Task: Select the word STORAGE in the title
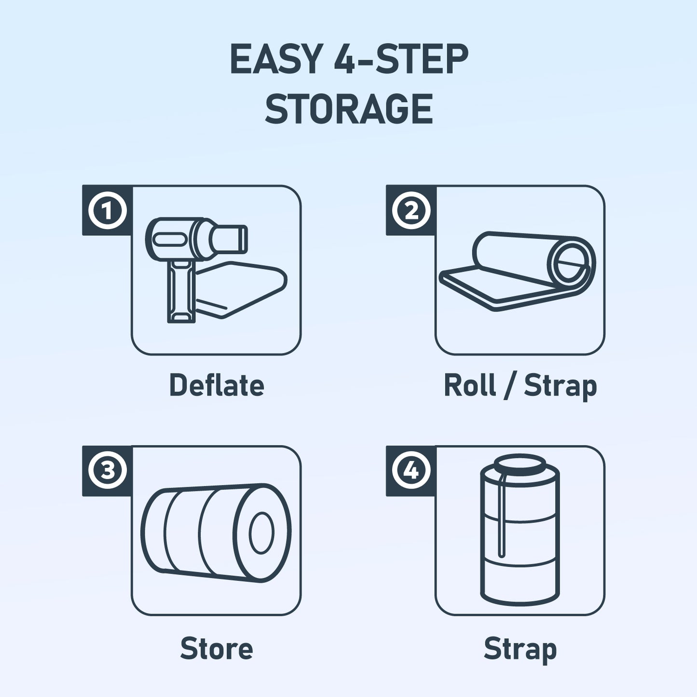coord(349,109)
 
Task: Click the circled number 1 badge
coord(108,210)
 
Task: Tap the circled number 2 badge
coord(411,210)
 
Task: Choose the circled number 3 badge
coord(108,471)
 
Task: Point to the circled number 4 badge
coord(411,471)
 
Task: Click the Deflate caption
coord(217,385)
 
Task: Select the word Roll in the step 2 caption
coord(469,385)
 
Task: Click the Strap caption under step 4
coord(520,650)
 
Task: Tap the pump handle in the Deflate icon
coord(181,291)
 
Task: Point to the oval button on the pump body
coord(168,239)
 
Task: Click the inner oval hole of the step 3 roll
coord(261,533)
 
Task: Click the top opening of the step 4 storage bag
coord(520,463)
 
